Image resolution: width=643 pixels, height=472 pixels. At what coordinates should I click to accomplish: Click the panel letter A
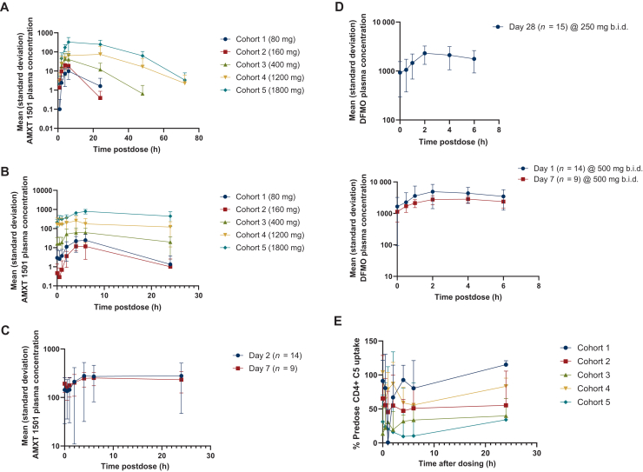pyautogui.click(x=6, y=6)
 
